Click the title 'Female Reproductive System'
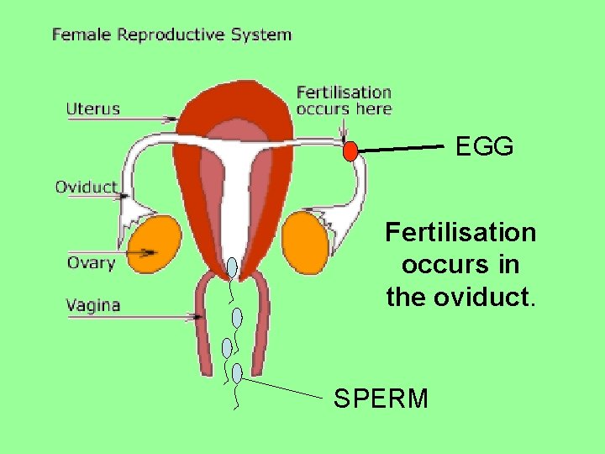[x=171, y=34]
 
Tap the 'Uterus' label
[x=93, y=108]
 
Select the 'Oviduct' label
[x=86, y=187]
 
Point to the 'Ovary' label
[x=91, y=262]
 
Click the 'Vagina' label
[x=93, y=305]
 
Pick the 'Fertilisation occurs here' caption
[x=345, y=99]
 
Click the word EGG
[x=485, y=147]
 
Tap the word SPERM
[x=381, y=398]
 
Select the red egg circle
[x=350, y=151]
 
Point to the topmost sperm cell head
[x=232, y=268]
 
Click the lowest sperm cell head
[x=237, y=372]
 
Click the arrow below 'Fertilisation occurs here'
[x=343, y=129]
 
